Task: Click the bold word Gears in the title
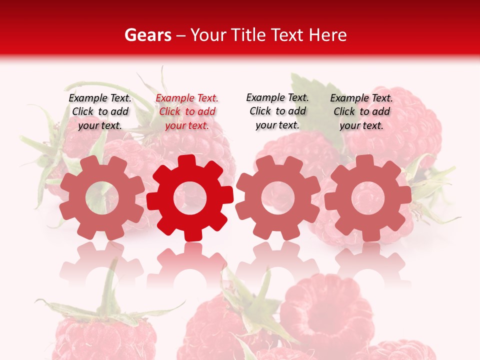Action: coord(147,35)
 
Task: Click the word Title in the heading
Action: coord(250,35)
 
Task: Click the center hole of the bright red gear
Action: coord(190,198)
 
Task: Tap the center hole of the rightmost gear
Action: coord(367,198)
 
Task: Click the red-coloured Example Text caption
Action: coord(187,111)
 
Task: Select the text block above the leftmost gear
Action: coord(100,111)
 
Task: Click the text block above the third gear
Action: coord(277,111)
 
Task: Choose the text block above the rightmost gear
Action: coord(361,111)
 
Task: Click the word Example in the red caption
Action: coord(173,98)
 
